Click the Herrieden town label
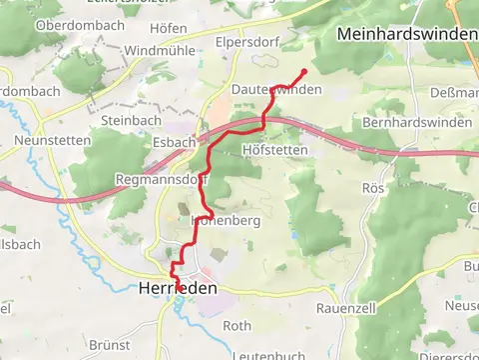pos(176,288)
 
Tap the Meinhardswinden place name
pos(406,34)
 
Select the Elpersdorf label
pos(246,43)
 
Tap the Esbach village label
pos(174,143)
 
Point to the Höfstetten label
pos(274,149)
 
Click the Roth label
pos(237,326)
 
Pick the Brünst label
pos(110,344)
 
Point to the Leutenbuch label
pos(265,355)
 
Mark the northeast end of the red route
pos(303,70)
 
